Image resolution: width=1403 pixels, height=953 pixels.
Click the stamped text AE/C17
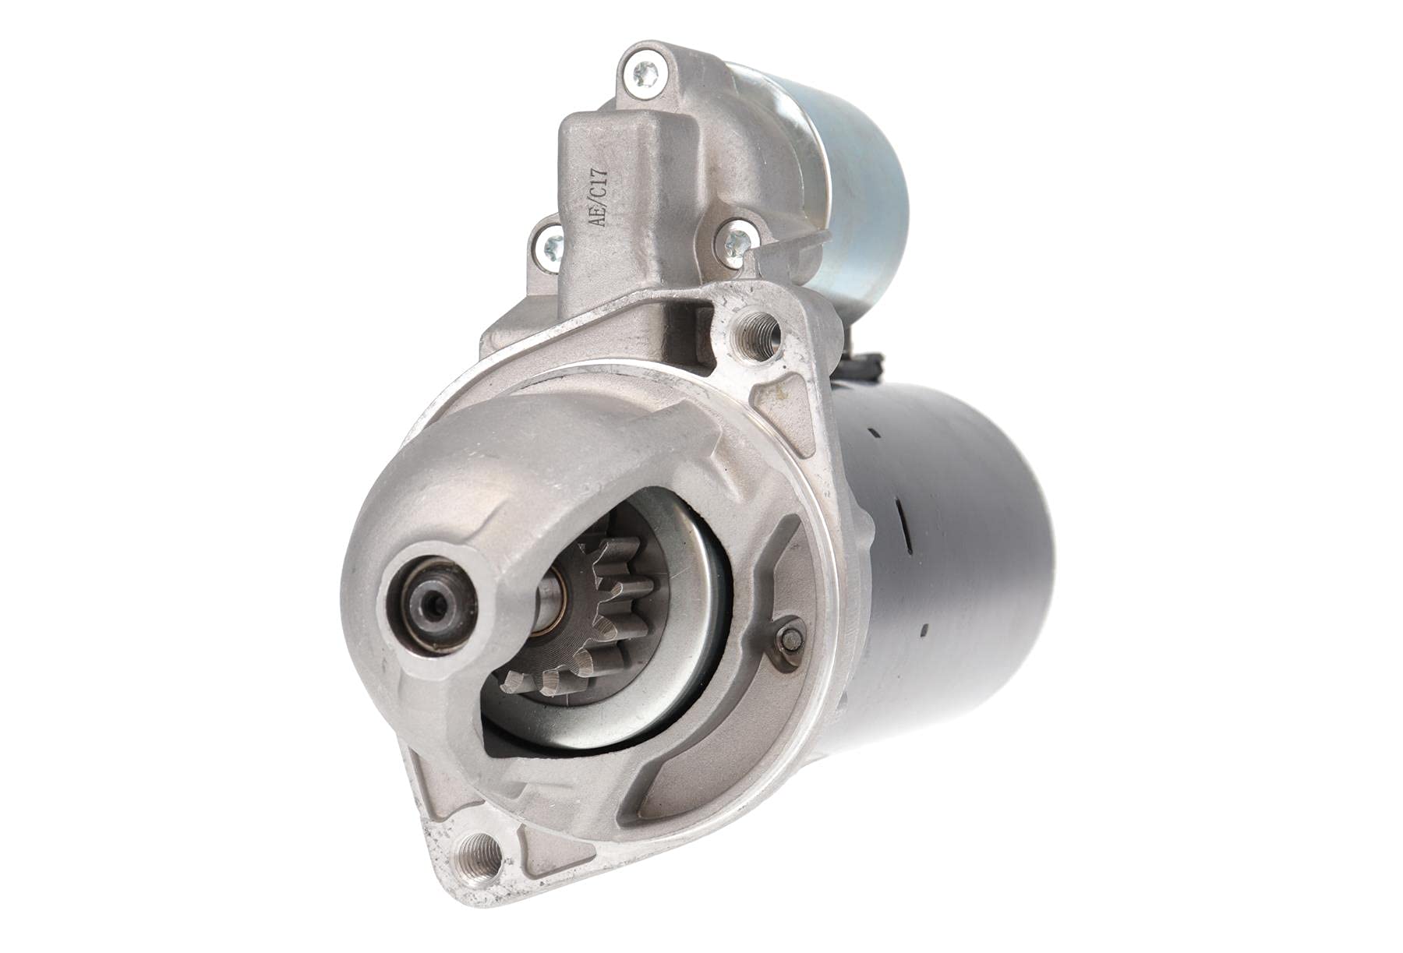599,199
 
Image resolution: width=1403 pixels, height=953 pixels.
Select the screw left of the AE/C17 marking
550,247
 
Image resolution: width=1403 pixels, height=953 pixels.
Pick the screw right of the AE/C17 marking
735,240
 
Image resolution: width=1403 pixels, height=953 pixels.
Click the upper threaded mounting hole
758,333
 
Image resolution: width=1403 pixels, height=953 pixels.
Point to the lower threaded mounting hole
478,851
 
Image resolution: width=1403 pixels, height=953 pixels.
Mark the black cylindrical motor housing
951,561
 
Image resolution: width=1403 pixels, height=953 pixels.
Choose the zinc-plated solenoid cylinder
857,187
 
